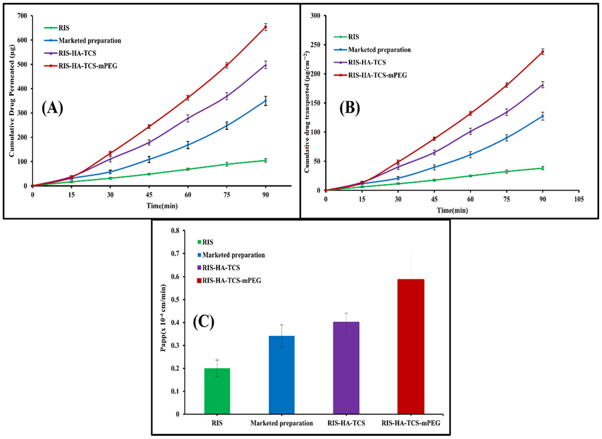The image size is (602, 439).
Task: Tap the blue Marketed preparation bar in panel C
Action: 282,375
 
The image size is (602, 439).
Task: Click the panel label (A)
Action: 52,108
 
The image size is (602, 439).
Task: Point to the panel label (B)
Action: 350,108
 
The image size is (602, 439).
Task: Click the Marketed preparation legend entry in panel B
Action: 379,50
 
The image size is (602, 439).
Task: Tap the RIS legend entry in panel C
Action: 207,242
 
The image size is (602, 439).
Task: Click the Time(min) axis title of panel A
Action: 162,206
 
